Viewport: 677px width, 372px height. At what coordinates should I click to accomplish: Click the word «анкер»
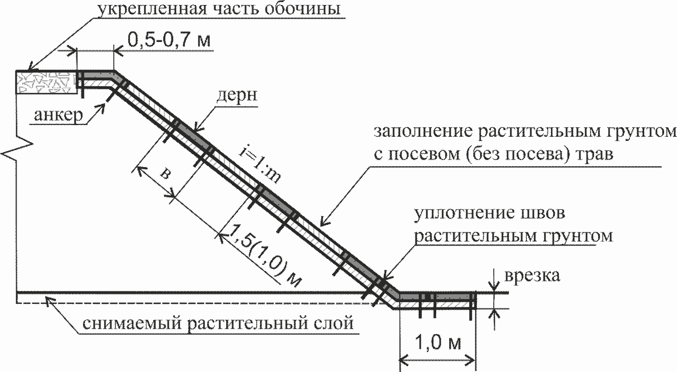point(58,115)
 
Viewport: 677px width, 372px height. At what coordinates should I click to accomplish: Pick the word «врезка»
point(532,275)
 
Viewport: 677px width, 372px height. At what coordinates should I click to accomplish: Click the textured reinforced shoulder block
point(46,82)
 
